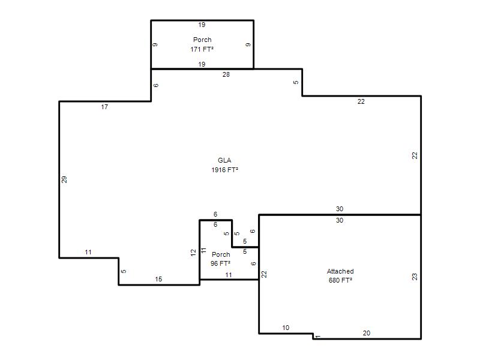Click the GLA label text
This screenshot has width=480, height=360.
tap(224, 160)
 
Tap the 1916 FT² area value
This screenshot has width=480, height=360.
tap(224, 170)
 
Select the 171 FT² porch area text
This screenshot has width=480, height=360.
tap(202, 49)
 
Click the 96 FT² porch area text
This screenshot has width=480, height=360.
tap(220, 263)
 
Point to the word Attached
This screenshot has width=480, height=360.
tap(340, 271)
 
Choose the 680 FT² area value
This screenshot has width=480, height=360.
tap(340, 280)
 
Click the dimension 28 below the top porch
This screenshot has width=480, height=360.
tap(226, 74)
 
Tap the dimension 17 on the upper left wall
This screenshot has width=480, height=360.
tap(104, 107)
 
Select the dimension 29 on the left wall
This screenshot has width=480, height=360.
tap(64, 179)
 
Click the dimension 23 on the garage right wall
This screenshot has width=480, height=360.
tap(415, 277)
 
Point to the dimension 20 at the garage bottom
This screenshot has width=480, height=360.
tap(367, 333)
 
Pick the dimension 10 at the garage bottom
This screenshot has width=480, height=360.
tap(286, 328)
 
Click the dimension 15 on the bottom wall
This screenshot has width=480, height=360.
tap(158, 279)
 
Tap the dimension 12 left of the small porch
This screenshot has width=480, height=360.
tap(193, 253)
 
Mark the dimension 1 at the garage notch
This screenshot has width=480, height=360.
tap(318, 337)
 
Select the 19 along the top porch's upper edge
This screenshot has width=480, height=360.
tap(202, 25)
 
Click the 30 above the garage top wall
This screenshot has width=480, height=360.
tap(340, 209)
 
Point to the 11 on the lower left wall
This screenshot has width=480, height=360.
tap(88, 252)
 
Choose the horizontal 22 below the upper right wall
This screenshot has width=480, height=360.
tap(361, 101)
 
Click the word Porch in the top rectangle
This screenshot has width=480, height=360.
tap(202, 40)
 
